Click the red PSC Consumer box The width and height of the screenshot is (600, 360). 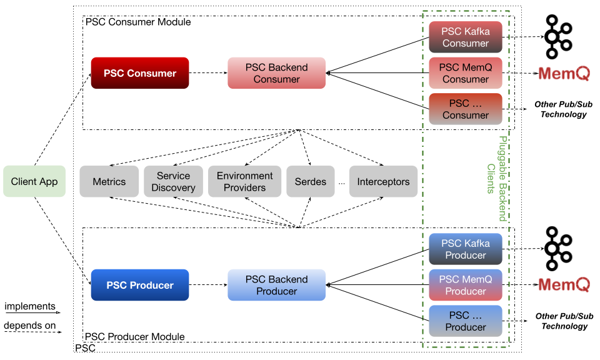pos(140,73)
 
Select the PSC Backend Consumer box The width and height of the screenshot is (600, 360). pos(276,73)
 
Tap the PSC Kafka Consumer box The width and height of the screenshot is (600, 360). pos(466,37)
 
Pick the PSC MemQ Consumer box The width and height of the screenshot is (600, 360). pos(466,73)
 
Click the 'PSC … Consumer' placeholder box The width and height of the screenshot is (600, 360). pos(466,109)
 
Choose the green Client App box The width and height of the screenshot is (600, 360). pos(34,182)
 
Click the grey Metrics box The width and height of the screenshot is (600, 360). pos(109,182)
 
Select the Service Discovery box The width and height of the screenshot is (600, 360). pos(173,182)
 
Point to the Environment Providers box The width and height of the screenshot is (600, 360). pos(245,182)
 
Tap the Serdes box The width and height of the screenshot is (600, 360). pos(311,182)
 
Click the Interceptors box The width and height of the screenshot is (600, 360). pos(383,182)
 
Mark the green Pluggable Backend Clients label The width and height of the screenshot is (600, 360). pos(496,179)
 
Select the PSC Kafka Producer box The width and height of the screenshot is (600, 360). pos(466,249)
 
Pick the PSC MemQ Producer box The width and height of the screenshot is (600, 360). pos(466,285)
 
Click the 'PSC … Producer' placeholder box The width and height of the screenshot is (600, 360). pos(466,321)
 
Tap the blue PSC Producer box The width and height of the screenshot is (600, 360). pos(140,285)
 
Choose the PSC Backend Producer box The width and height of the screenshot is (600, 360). pos(276,285)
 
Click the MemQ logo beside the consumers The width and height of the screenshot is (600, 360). pos(564,74)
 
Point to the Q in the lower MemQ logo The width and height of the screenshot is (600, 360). pos(582,286)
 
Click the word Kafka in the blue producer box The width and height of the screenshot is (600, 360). pos(477,244)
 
